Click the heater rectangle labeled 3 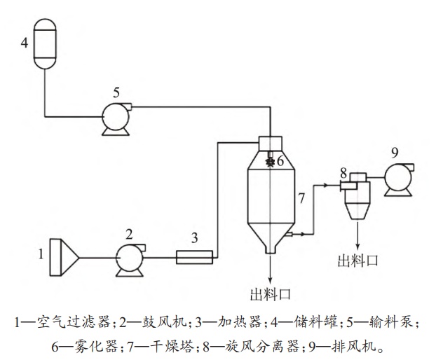point(194,258)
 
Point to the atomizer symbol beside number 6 point(270,162)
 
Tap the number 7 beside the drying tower point(301,198)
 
